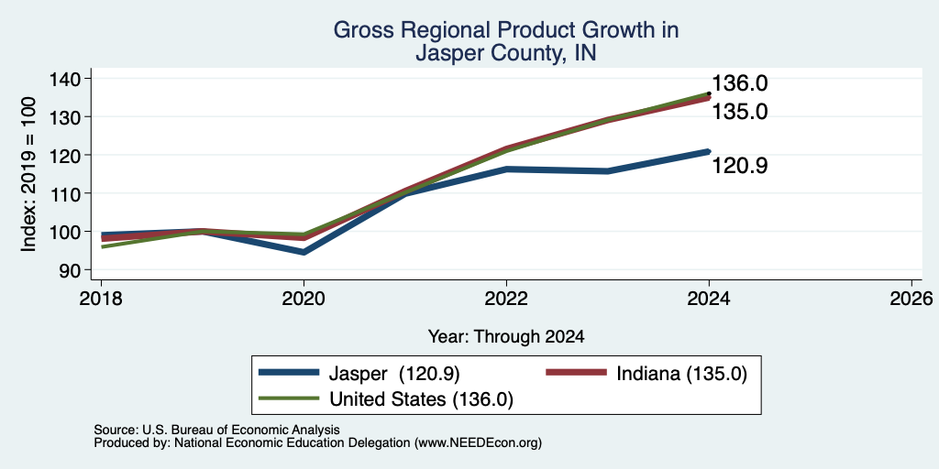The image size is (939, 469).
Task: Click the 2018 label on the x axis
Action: click(101, 298)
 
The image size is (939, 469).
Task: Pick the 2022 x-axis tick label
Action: click(506, 298)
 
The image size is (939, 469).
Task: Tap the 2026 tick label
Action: click(911, 298)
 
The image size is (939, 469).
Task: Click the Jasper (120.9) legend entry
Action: click(359, 374)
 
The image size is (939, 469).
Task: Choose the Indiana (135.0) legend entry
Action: click(646, 374)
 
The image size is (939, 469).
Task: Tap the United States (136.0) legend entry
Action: click(386, 399)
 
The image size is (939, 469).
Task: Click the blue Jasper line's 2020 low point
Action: click(304, 253)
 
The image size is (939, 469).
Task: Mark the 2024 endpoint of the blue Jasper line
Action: click(709, 151)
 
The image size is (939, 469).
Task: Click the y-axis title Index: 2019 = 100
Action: click(28, 174)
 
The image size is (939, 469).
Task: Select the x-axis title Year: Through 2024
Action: click(506, 337)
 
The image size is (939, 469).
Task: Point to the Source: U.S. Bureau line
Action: click(216, 430)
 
